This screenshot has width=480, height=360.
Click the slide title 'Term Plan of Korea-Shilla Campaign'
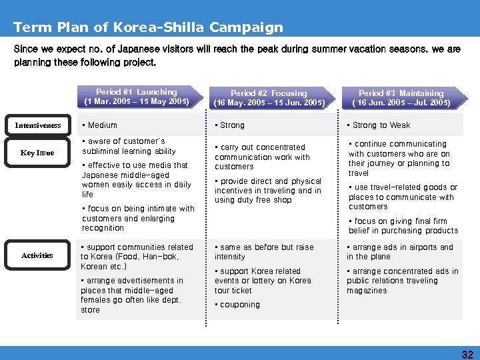[x=148, y=27]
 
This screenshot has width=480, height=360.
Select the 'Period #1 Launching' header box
[x=137, y=97]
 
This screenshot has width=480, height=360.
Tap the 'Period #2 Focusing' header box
[x=269, y=98]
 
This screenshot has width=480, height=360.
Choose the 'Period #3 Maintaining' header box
[x=401, y=98]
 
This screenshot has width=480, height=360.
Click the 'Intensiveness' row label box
[x=37, y=125]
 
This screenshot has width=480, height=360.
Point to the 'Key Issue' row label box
[x=37, y=153]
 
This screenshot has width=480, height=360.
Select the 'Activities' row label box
[x=37, y=255]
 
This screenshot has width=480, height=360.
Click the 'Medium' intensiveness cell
[x=99, y=125]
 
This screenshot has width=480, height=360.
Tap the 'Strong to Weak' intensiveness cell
[x=381, y=125]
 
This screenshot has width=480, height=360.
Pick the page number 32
[x=467, y=355]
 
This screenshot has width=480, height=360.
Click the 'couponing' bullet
[x=239, y=305]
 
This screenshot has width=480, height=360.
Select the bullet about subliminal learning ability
[x=128, y=146]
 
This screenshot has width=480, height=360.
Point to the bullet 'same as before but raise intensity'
[x=264, y=252]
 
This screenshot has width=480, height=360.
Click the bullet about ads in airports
[x=400, y=252]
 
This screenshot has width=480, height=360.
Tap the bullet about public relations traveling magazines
[x=403, y=281]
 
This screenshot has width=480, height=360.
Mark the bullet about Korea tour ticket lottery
[x=263, y=281]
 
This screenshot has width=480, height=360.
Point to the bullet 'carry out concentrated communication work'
[x=263, y=157]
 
